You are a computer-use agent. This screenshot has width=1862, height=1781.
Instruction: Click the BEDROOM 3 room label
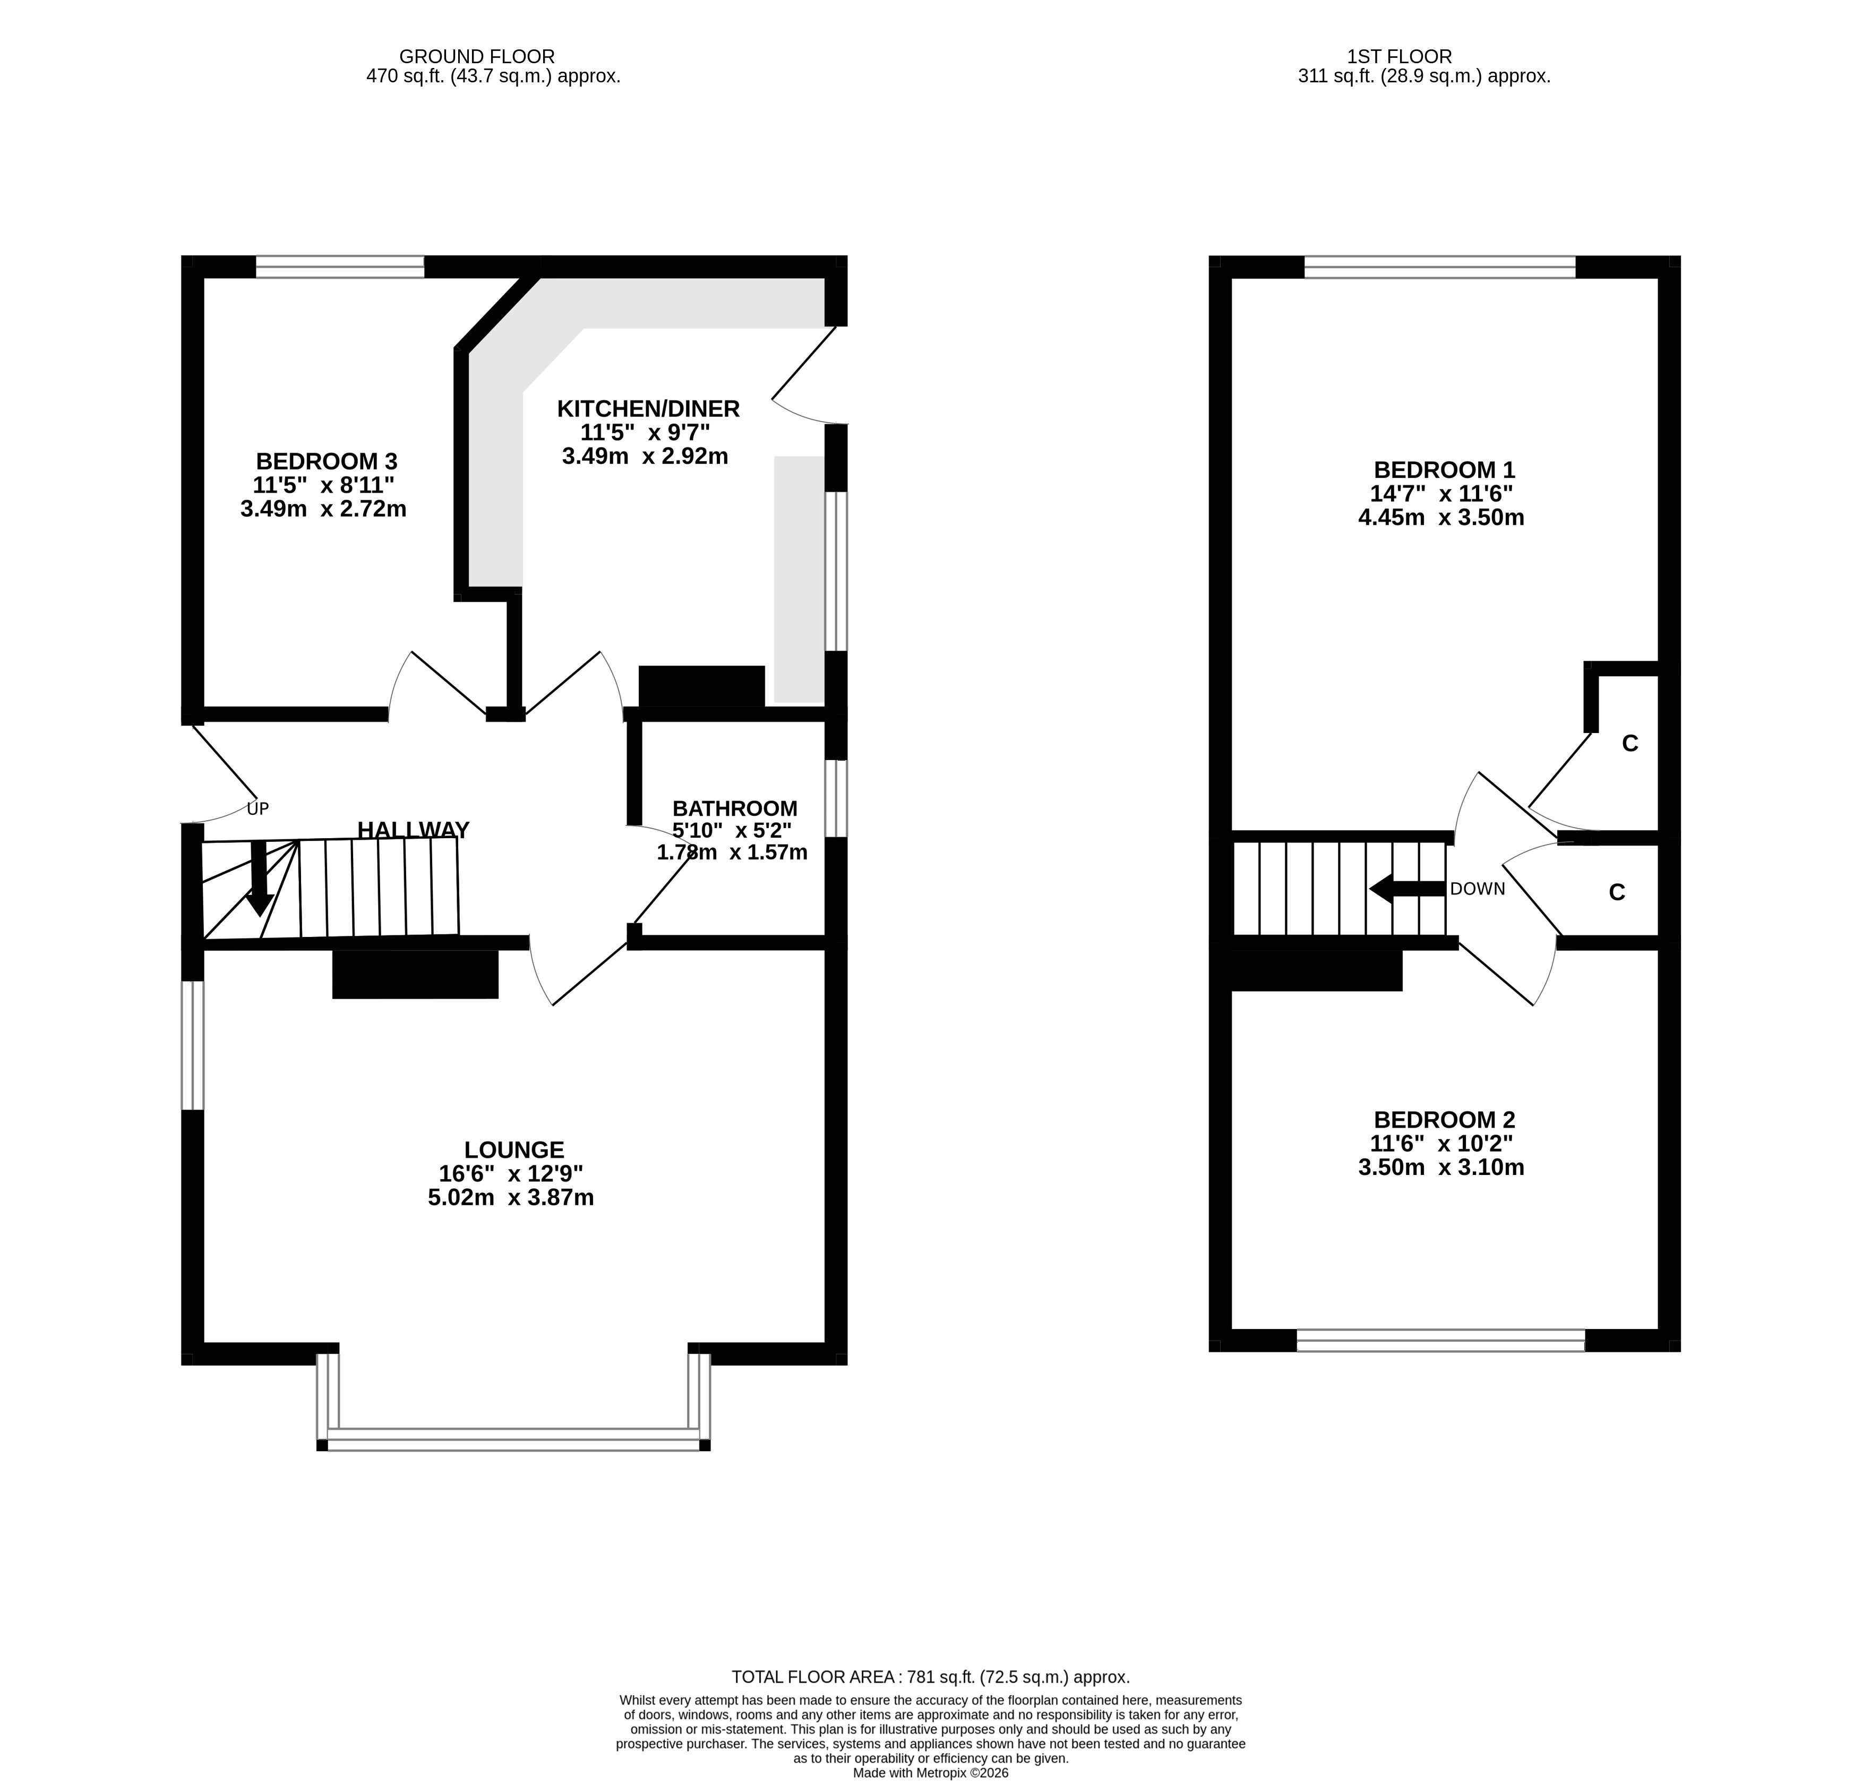click(327, 462)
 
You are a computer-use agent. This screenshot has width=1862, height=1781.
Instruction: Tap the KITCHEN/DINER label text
click(648, 409)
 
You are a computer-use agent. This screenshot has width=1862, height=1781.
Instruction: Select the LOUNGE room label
click(514, 1149)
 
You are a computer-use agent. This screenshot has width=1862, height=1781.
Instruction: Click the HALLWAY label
click(413, 830)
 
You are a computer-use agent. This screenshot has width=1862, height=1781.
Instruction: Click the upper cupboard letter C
click(1631, 743)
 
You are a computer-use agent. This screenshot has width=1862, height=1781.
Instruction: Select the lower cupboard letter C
click(1617, 892)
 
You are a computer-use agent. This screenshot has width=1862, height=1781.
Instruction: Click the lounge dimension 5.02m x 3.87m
click(511, 1198)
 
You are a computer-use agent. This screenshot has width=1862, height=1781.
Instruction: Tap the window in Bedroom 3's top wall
click(340, 267)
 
